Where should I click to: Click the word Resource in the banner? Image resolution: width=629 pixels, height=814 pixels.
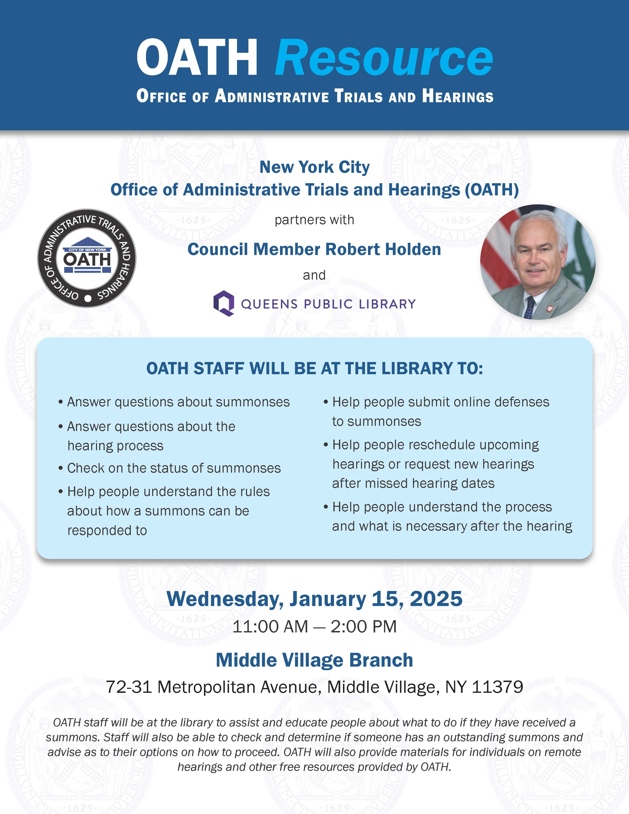click(x=384, y=58)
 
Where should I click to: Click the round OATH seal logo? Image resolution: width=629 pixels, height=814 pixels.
click(x=87, y=258)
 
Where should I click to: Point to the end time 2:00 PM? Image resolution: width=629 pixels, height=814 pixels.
click(x=364, y=627)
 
